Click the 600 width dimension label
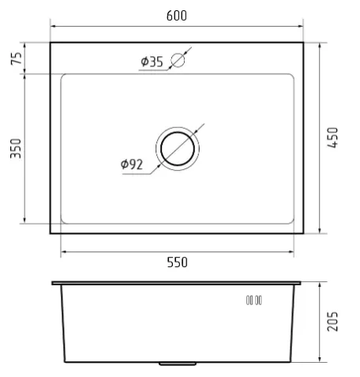coord(177,16)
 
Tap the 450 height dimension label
coord(332,138)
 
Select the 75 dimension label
coord(17,58)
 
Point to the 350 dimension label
coord(16,149)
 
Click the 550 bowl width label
coord(178,262)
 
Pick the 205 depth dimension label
coord(332,321)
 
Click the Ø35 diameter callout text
coord(152,62)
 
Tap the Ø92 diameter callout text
coord(132,164)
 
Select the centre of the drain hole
coord(178,149)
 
